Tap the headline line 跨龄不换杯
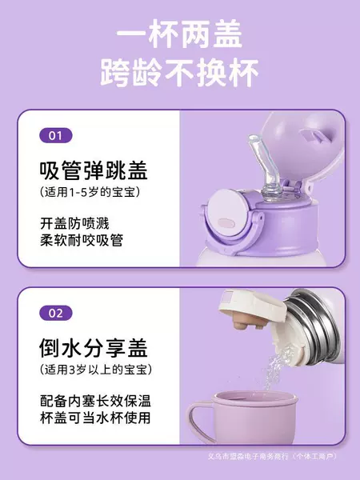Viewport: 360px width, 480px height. coord(180,73)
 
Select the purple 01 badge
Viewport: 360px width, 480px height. coord(56,136)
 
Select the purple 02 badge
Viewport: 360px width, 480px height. coord(56,313)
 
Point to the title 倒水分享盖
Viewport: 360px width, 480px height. coord(94,348)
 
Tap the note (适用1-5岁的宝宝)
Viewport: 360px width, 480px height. coord(90,192)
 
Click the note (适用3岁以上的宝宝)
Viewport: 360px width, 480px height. coord(96,370)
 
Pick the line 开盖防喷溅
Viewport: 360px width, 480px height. coord(74,223)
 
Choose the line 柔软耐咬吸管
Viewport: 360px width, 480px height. coord(82,240)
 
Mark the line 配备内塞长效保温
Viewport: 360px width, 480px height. coord(95,401)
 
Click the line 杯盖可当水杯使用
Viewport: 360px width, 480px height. coord(95,418)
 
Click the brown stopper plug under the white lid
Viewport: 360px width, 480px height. coord(249,322)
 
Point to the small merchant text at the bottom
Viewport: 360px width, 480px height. coord(272,457)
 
